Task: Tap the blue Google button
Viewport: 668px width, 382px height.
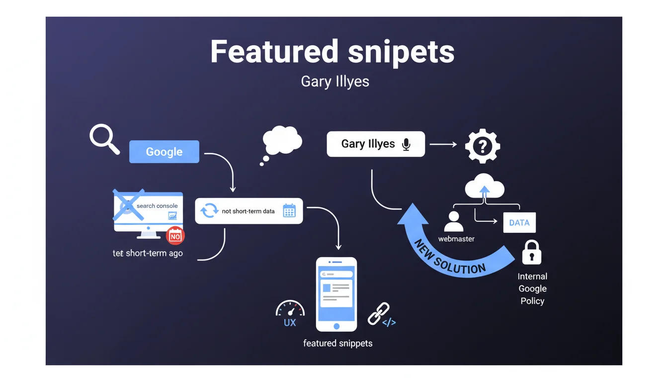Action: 164,152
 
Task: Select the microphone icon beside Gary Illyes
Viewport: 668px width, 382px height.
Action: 406,144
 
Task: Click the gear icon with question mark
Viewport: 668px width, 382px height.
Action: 482,146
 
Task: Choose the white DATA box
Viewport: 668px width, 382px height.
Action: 519,223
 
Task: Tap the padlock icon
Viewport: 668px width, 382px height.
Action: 531,252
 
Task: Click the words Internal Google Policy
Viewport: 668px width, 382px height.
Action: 532,288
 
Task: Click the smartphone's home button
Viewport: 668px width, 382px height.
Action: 336,326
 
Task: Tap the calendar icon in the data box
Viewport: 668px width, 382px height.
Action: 289,211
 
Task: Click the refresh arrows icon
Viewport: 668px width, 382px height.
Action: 209,211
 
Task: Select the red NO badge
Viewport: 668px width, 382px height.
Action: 175,236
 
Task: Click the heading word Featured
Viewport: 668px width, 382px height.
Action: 275,52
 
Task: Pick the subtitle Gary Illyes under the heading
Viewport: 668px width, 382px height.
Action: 335,82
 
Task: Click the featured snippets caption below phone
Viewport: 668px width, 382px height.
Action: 337,343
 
